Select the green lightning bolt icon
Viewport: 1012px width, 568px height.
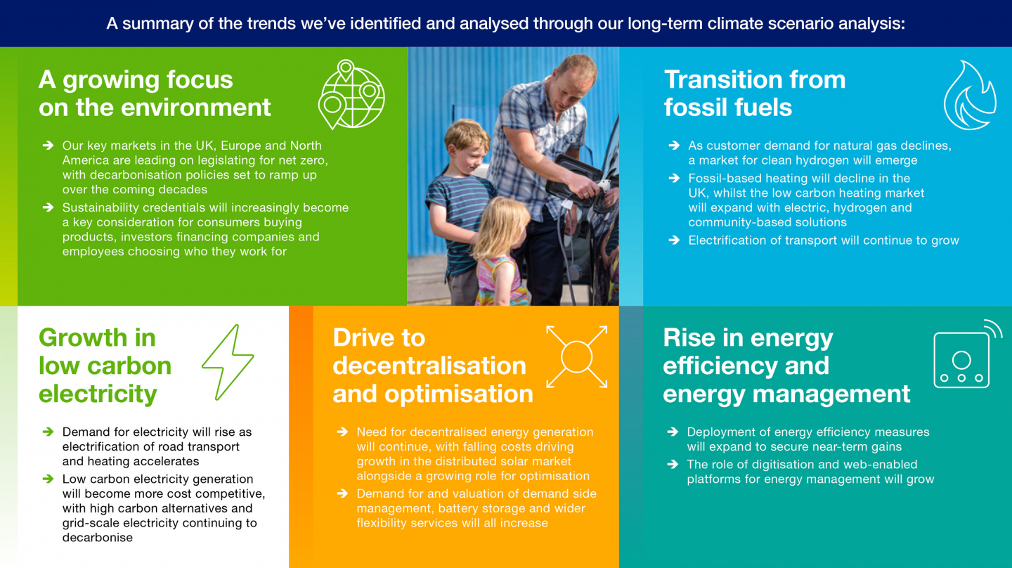click(x=228, y=362)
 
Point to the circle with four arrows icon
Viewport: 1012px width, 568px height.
click(x=576, y=357)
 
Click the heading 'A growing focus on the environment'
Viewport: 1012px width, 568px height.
click(x=155, y=93)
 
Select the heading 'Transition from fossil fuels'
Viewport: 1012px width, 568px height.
click(x=755, y=93)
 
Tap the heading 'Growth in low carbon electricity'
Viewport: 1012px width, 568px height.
click(x=105, y=366)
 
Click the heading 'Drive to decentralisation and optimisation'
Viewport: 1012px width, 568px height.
click(x=433, y=366)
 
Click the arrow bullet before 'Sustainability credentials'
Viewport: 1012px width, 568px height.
click(x=48, y=207)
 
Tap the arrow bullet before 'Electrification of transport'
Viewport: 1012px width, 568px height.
click(x=674, y=240)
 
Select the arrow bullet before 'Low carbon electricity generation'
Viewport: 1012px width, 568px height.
click(x=48, y=479)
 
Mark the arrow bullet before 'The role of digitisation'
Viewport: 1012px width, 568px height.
click(x=673, y=464)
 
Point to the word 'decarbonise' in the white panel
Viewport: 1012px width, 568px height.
click(x=98, y=537)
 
